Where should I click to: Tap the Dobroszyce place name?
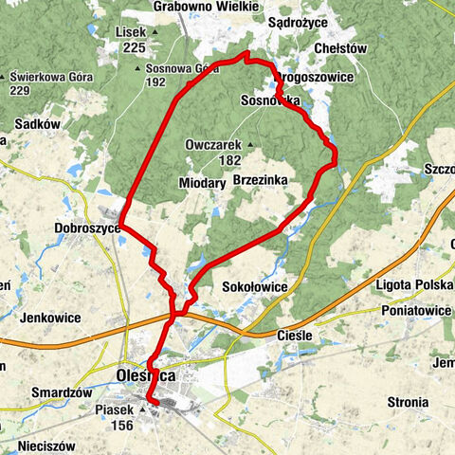pos(87,228)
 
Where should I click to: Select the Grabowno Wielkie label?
pos(206,7)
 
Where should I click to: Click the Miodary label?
pos(201,182)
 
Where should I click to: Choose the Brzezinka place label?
pos(259,177)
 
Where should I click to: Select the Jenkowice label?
pos(49,318)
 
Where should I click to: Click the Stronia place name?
pos(407,402)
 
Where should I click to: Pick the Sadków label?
pos(38,123)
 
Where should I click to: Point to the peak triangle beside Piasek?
pos(143,410)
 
